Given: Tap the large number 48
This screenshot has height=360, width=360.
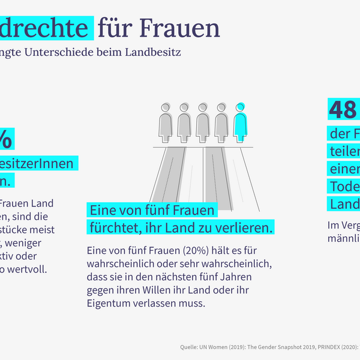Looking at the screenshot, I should (x=343, y=109).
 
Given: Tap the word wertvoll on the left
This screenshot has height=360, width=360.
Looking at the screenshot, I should (x=29, y=268).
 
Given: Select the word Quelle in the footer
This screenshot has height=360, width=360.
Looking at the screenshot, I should (x=190, y=347).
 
